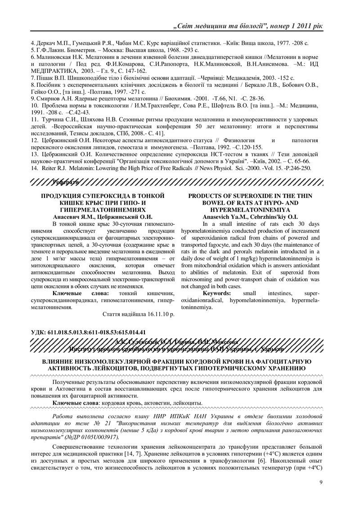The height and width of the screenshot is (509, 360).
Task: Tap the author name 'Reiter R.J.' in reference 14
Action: click(x=54, y=168)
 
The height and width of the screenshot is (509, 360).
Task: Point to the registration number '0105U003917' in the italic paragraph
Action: click(x=100, y=437)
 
